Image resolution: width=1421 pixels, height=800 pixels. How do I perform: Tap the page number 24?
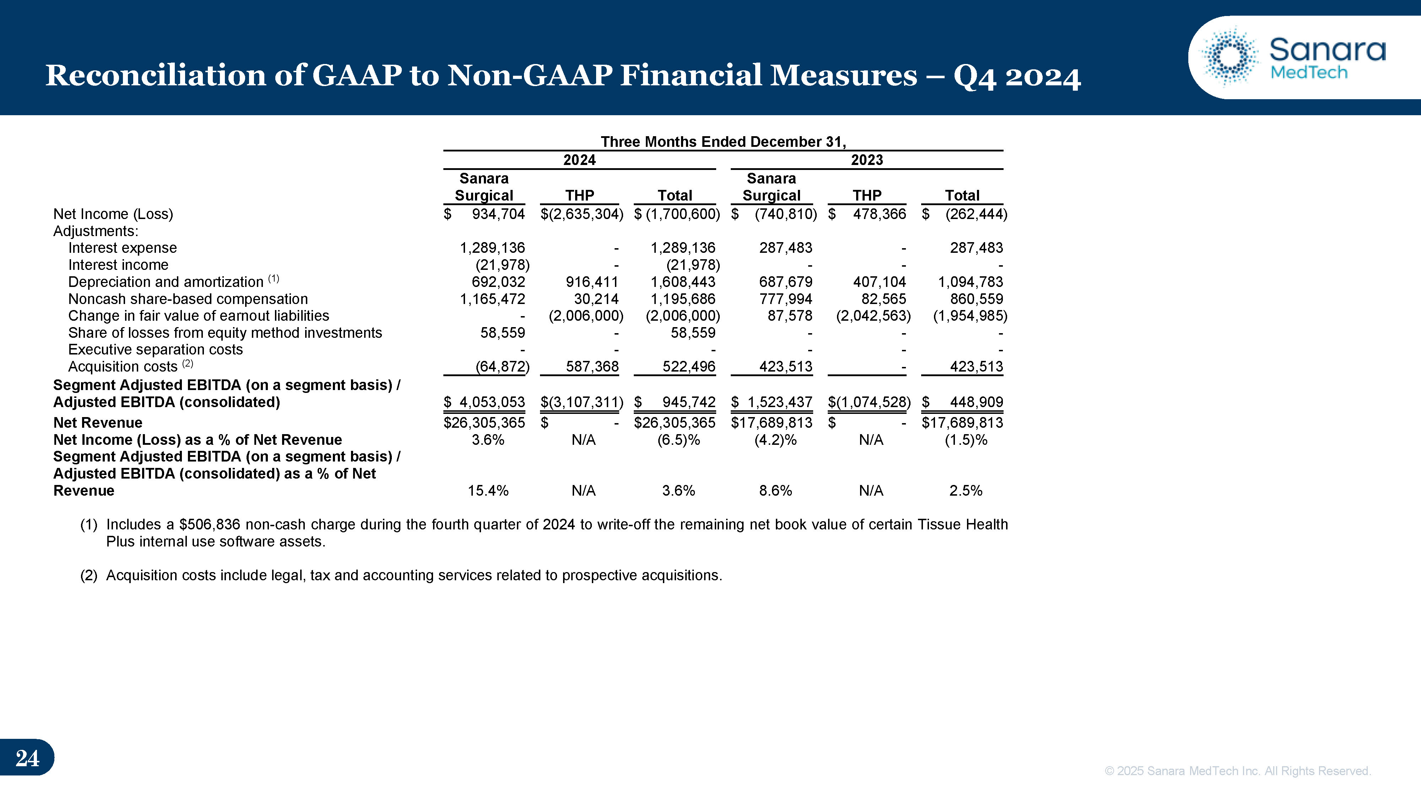pyautogui.click(x=27, y=758)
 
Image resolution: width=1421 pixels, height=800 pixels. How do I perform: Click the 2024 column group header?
pyautogui.click(x=579, y=160)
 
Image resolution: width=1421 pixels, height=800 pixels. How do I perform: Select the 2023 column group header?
pyautogui.click(x=866, y=160)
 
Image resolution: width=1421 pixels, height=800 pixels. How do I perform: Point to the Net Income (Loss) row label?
pyautogui.click(x=113, y=214)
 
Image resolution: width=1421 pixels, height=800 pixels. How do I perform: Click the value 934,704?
pyautogui.click(x=498, y=214)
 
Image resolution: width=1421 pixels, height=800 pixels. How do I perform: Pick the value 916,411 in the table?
pyautogui.click(x=592, y=282)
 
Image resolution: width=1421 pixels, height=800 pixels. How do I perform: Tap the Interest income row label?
pyautogui.click(x=118, y=265)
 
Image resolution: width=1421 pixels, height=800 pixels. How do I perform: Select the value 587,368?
pyautogui.click(x=592, y=367)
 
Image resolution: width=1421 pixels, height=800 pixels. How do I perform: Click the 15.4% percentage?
pyautogui.click(x=488, y=491)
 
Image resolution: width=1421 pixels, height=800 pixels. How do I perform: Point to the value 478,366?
pyautogui.click(x=879, y=214)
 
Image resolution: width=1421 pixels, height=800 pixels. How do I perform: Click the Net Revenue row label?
pyautogui.click(x=98, y=423)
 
